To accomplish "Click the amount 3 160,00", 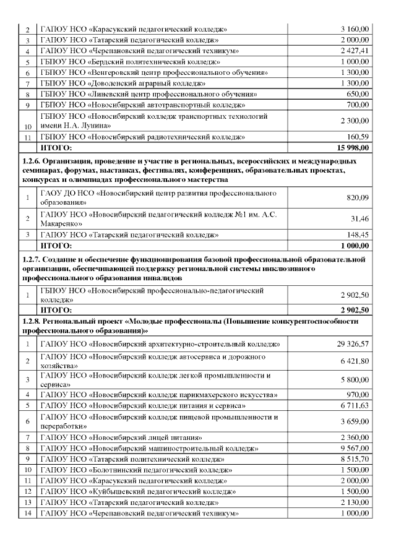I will (355, 29).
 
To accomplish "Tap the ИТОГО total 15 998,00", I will (353, 147).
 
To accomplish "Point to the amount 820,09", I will (358, 197).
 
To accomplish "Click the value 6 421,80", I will (355, 360).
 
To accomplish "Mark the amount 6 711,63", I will (355, 405).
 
